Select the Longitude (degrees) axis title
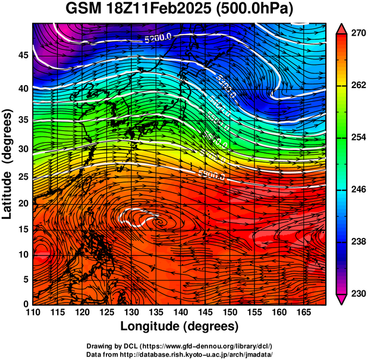pos(180,327)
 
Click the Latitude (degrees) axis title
pos(8,163)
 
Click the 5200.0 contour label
pos(158,39)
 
